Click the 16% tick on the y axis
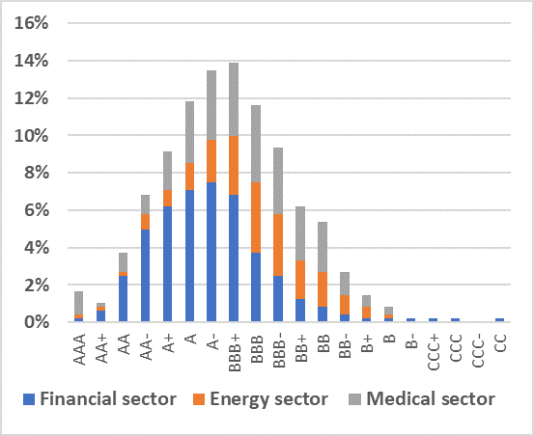30,23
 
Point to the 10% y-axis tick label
30,136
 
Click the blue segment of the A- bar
211,252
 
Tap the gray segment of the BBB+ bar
234,99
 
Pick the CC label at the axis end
500,340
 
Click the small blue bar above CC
500,320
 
